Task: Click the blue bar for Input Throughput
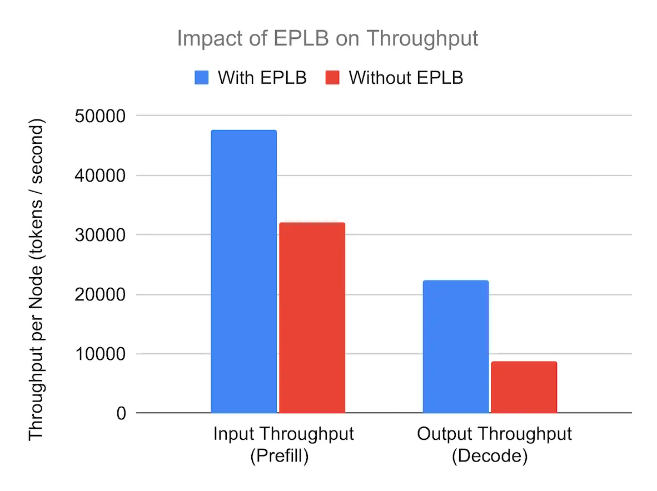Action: point(243,272)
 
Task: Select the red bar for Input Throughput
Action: point(312,318)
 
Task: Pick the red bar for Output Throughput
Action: point(524,387)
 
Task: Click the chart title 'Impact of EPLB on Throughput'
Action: point(327,38)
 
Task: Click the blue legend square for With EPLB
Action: point(201,77)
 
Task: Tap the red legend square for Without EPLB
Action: point(332,77)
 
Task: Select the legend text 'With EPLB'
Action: point(262,77)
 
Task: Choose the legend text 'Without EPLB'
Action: point(406,77)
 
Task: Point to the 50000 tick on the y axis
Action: point(99,116)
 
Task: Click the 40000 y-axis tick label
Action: point(99,176)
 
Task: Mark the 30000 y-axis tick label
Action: point(99,235)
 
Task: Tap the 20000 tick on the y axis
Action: point(99,294)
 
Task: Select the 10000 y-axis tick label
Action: point(99,354)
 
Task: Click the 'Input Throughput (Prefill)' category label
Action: point(283,444)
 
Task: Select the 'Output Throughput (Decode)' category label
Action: point(494,444)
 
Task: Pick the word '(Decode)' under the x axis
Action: point(489,456)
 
